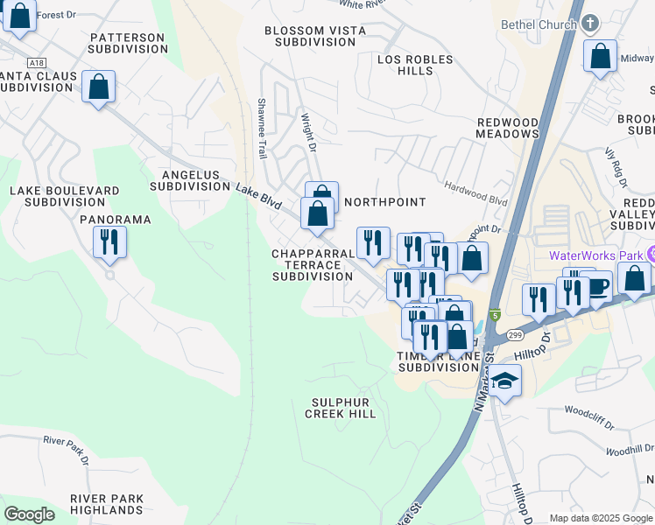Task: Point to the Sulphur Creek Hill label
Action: [341, 408]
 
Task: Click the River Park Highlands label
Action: [107, 505]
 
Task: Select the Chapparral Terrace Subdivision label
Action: [312, 264]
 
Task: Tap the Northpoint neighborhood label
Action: [384, 202]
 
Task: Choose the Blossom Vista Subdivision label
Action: [316, 36]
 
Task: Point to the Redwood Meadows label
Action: [507, 128]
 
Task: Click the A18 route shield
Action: [36, 63]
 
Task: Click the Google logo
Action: [29, 514]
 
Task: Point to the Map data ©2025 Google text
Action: [600, 518]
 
